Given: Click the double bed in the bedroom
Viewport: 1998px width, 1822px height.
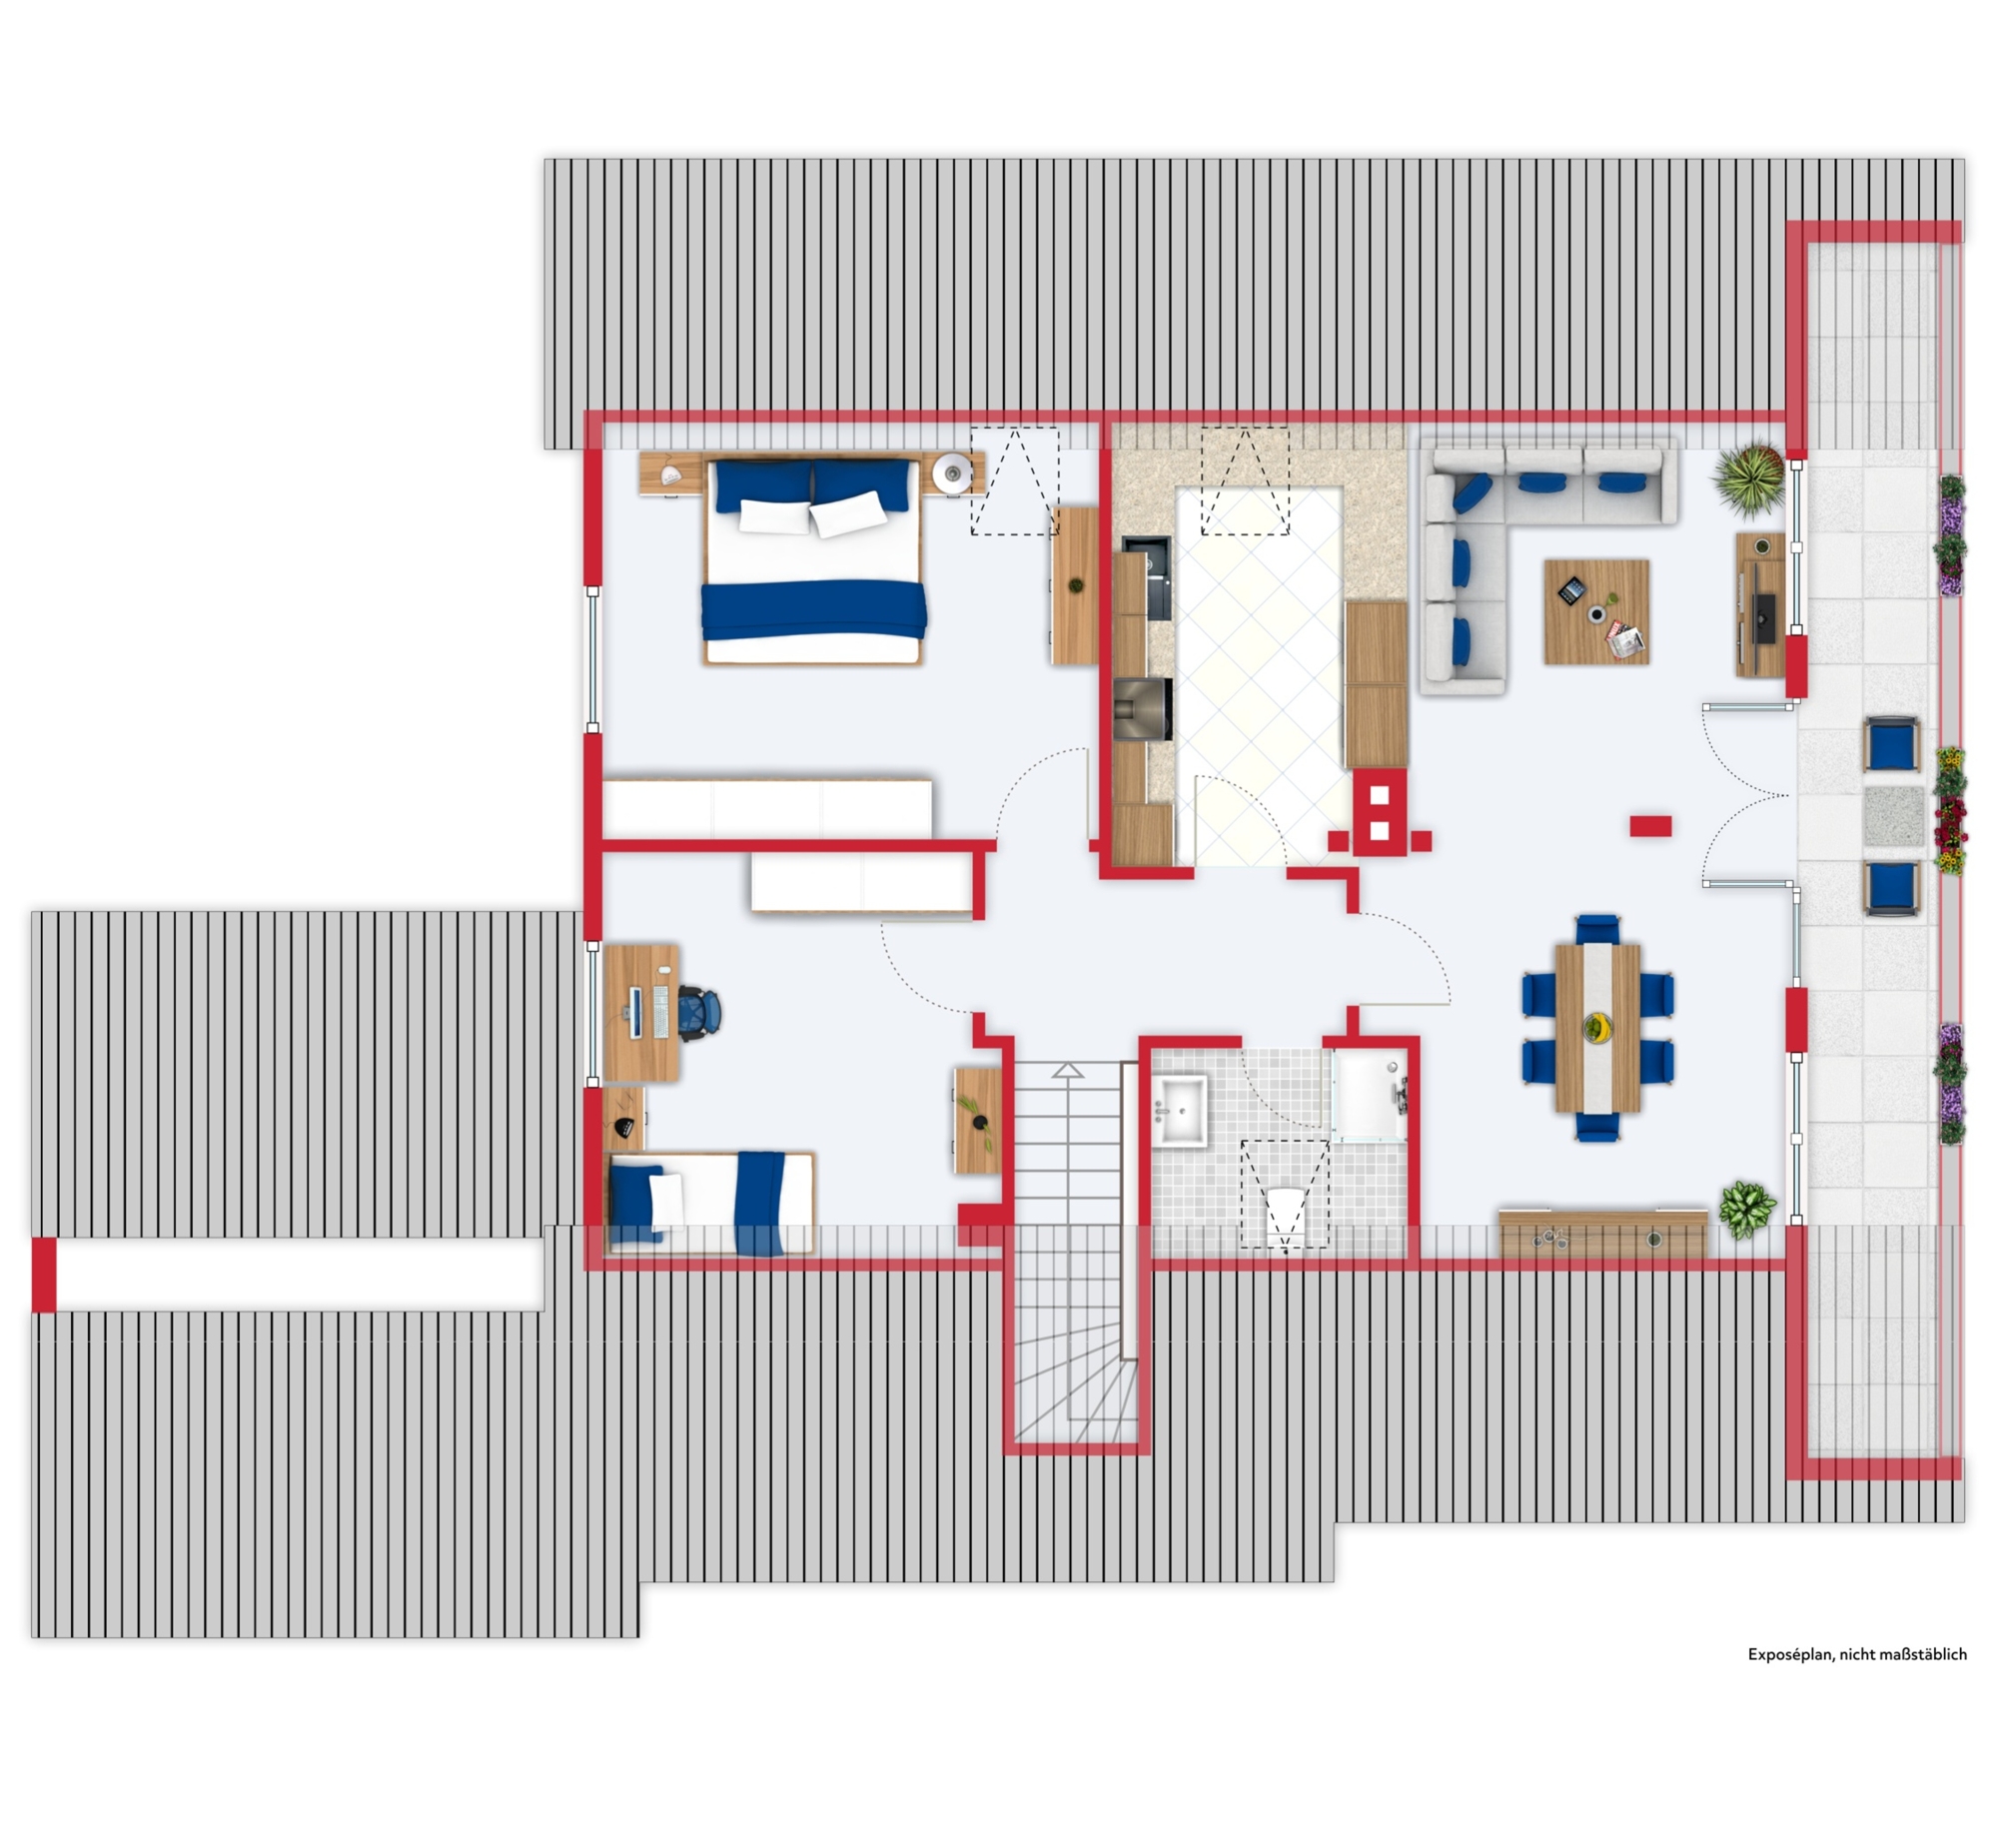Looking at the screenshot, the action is click(812, 561).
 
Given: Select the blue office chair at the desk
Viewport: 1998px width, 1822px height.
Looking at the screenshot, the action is click(701, 1010).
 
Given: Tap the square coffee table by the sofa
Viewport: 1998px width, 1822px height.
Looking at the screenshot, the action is click(1596, 611).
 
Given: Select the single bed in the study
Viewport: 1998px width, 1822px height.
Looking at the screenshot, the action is click(710, 1203).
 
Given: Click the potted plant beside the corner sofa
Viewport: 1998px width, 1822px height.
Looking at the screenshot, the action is click(1750, 479).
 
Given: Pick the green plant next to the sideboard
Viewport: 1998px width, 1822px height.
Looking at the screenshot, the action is click(1747, 1210).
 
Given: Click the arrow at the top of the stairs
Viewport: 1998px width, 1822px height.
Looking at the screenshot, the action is click(1068, 1071).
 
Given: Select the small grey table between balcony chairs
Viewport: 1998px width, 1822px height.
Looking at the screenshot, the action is click(1894, 816).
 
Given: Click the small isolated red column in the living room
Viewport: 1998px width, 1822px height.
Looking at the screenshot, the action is click(1650, 826).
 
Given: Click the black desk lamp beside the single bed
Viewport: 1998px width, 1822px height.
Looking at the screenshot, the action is click(625, 1127).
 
